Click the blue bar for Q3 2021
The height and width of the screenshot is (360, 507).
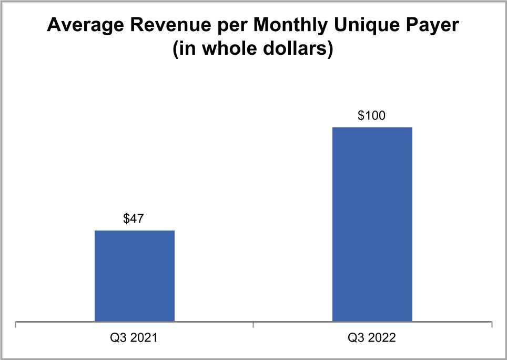[135, 276]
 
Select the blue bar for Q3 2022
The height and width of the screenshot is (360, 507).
[372, 224]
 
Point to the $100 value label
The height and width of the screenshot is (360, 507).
[372, 116]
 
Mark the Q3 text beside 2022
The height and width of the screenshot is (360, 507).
[357, 337]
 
